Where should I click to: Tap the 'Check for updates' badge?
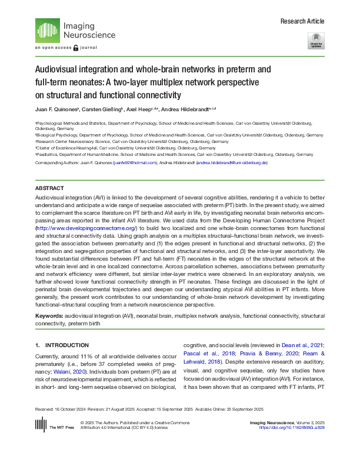[316, 41]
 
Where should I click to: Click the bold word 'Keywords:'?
[49, 316]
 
